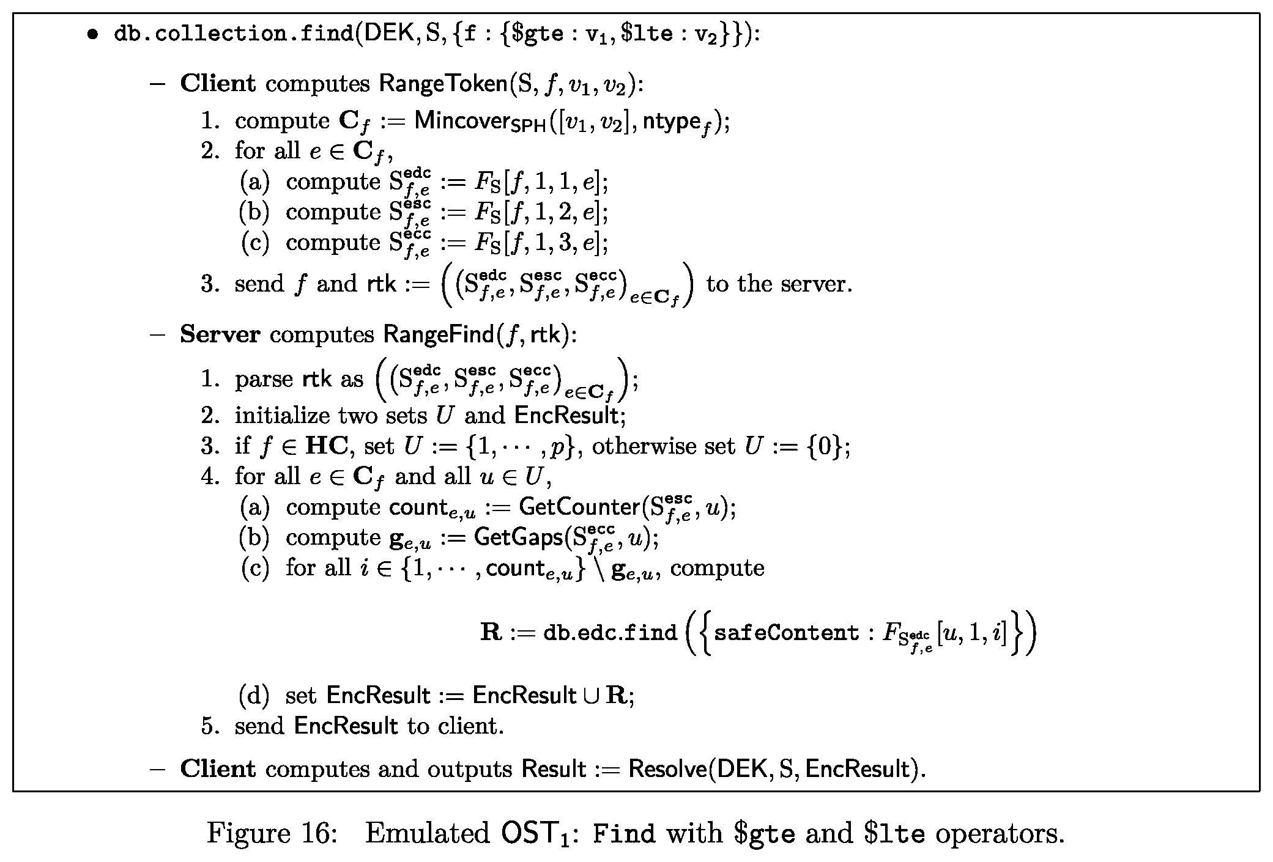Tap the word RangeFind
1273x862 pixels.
pyautogui.click(x=438, y=334)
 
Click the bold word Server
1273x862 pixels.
pyautogui.click(x=220, y=334)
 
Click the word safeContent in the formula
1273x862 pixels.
pyautogui.click(x=787, y=632)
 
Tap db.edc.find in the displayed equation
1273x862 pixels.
pyautogui.click(x=610, y=632)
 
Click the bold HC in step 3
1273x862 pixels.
pyautogui.click(x=327, y=446)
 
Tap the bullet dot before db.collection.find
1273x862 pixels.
pyautogui.click(x=92, y=34)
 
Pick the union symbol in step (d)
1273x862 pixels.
pyautogui.click(x=591, y=696)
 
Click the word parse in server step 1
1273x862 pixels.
pyautogui.click(x=264, y=380)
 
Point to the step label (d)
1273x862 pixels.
pyautogui.click(x=254, y=696)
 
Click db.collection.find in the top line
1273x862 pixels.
pyautogui.click(x=234, y=34)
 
